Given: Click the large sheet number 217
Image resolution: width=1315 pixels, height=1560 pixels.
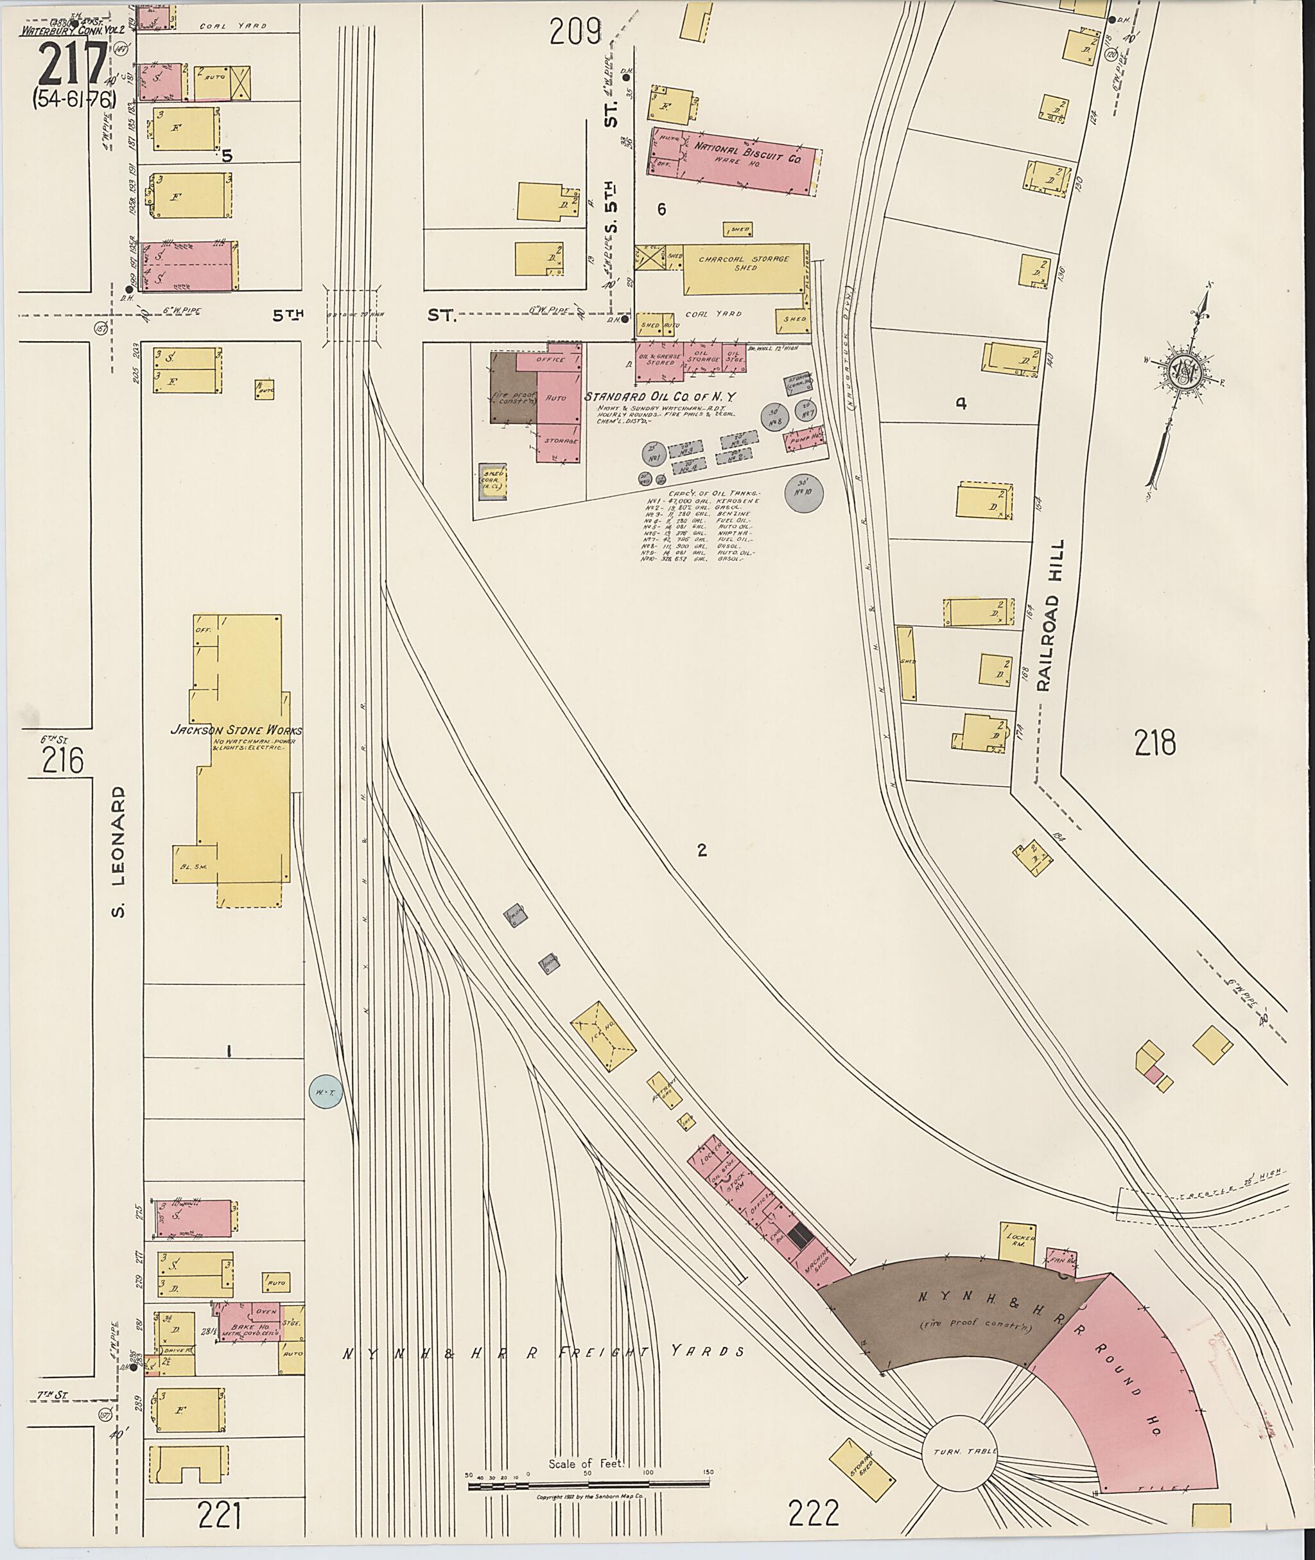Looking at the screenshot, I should [x=73, y=65].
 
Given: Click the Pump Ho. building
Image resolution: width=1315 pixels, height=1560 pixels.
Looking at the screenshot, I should [x=805, y=440].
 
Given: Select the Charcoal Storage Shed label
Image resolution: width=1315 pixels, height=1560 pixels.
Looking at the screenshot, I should [x=745, y=263].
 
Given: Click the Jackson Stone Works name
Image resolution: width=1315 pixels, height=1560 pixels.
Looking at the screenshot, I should [x=236, y=731].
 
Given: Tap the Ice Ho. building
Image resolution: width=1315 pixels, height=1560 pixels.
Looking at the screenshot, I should [x=604, y=1037].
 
